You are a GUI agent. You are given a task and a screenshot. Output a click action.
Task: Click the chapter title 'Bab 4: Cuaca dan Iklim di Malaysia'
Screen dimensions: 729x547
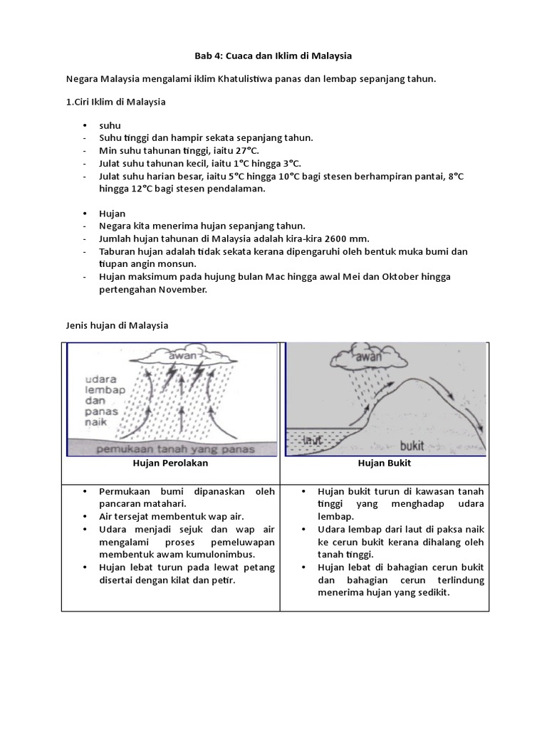coord(273,55)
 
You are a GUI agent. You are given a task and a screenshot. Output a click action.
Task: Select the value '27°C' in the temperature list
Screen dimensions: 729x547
coord(245,151)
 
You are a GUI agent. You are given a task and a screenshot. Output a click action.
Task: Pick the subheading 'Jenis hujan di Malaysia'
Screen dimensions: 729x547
coord(117,325)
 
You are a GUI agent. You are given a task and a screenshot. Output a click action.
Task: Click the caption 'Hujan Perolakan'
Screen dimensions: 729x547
coord(170,463)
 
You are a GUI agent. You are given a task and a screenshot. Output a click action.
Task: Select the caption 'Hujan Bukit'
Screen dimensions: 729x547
coord(385,463)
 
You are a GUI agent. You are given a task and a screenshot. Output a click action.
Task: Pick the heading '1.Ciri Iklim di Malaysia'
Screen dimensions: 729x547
coord(116,102)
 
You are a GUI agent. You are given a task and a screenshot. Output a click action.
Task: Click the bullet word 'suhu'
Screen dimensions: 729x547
coord(110,125)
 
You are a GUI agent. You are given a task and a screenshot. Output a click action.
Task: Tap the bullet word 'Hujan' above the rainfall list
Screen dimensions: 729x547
coord(113,213)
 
